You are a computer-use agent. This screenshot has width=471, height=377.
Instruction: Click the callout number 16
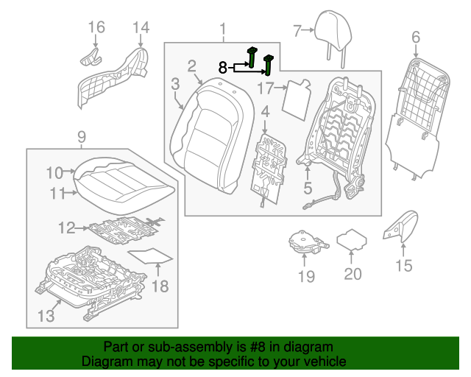tap(96, 28)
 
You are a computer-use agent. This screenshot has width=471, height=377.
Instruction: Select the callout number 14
tap(140, 28)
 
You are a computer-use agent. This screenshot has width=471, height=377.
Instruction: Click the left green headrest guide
tap(252, 57)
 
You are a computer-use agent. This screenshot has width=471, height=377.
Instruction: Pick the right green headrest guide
tap(269, 66)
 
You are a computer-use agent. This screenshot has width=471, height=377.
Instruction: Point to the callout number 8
tap(223, 67)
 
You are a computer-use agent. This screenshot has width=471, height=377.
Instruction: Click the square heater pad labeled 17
tap(297, 98)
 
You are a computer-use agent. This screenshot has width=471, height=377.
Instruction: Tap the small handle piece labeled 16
tap(89, 56)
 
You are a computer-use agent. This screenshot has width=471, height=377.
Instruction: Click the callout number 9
tap(81, 136)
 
